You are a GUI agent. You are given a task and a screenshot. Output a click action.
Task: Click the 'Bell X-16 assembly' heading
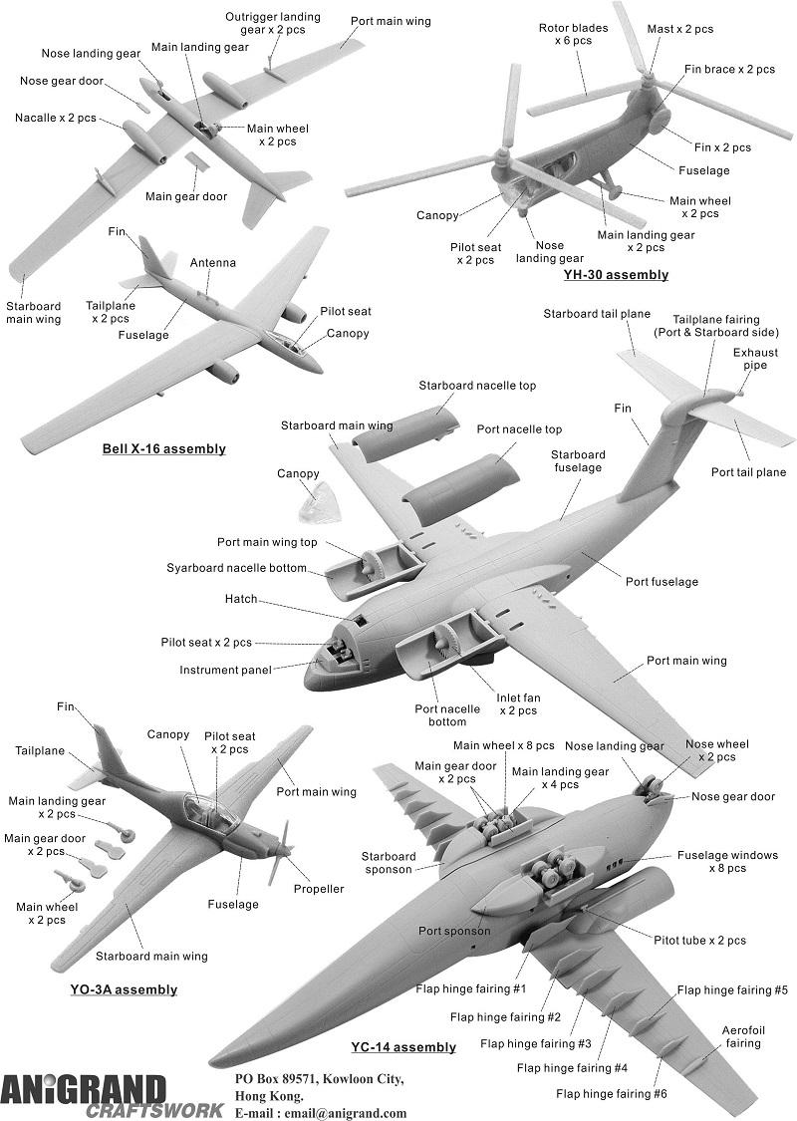click(x=164, y=449)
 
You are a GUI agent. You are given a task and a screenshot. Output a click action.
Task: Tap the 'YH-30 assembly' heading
click(x=615, y=275)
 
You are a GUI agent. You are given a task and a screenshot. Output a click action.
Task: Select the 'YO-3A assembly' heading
click(x=124, y=989)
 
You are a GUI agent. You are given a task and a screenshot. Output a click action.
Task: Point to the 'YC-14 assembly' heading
click(x=403, y=1047)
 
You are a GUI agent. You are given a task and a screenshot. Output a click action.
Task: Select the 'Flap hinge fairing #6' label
click(x=612, y=1094)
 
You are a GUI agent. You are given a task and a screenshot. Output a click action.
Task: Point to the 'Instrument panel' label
click(x=226, y=670)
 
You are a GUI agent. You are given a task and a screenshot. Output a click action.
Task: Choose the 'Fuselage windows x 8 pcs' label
click(x=727, y=862)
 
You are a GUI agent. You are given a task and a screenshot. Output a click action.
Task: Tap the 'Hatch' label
click(x=241, y=599)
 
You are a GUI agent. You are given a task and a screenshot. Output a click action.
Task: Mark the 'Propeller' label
click(x=319, y=889)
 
